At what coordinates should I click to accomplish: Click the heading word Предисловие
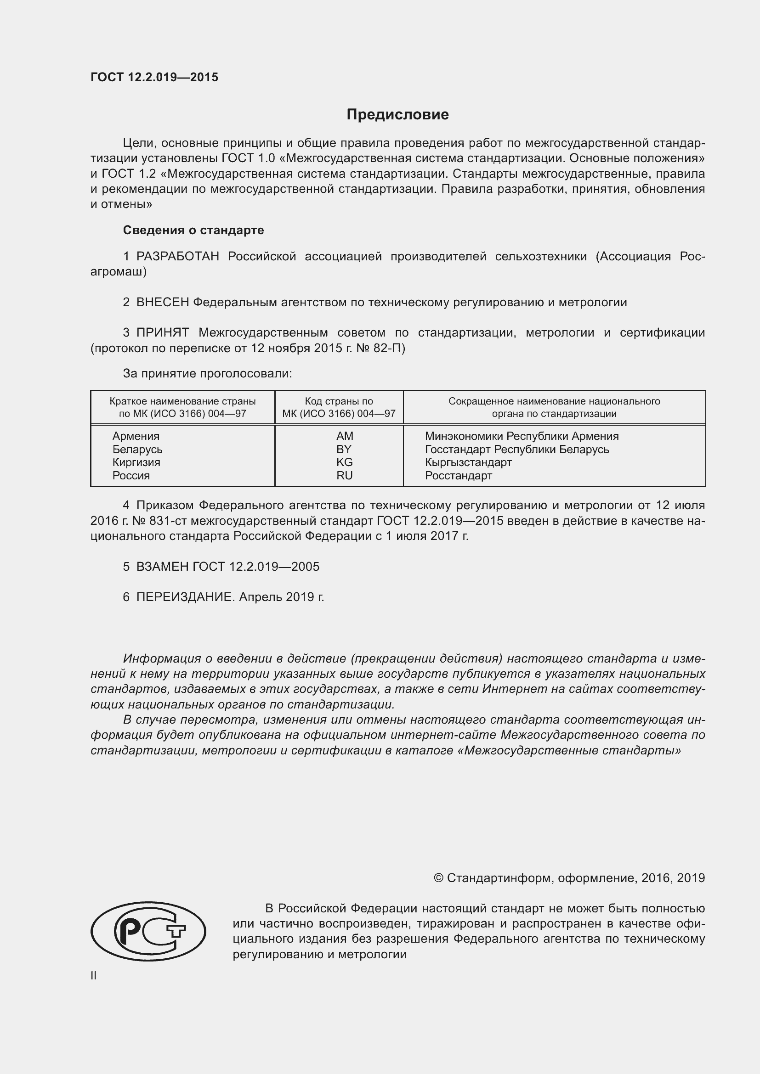[x=397, y=115]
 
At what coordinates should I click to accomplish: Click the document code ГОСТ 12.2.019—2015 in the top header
[x=154, y=77]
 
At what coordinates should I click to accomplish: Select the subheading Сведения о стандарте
[x=193, y=230]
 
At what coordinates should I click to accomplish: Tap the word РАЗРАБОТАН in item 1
[x=177, y=256]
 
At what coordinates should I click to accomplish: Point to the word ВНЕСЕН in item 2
[x=162, y=302]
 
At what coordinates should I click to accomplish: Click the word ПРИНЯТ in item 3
[x=162, y=332]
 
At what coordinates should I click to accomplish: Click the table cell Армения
[x=136, y=436]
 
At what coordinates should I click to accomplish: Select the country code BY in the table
[x=344, y=449]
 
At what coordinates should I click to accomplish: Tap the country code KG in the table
[x=344, y=462]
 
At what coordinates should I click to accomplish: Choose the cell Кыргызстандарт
[x=468, y=462]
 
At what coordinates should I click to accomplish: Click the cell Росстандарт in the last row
[x=458, y=475]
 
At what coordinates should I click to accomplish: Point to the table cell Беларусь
[x=137, y=449]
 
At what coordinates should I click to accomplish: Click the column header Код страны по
[x=339, y=401]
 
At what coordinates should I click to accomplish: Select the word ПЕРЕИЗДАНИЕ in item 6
[x=185, y=597]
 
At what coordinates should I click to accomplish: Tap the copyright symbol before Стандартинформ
[x=438, y=878]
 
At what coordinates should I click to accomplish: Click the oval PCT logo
[x=148, y=931]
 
